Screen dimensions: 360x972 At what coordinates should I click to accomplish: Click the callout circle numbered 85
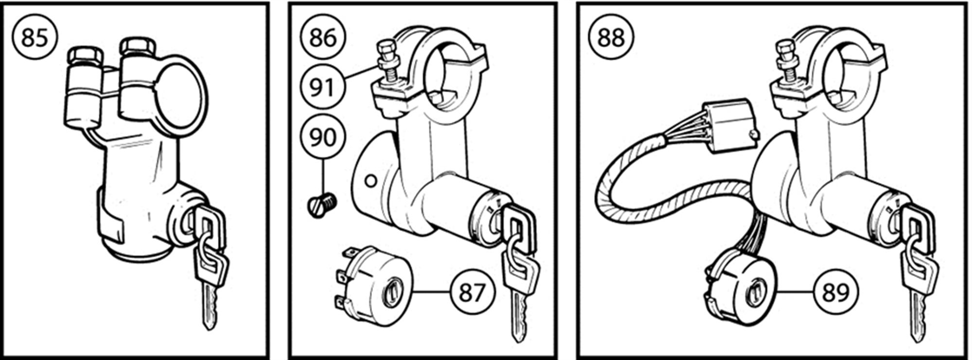point(35,37)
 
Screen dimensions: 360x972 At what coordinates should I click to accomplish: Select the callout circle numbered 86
point(323,37)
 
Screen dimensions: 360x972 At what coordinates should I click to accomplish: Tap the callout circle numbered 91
point(323,88)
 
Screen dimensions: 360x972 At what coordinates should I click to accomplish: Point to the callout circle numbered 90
point(323,138)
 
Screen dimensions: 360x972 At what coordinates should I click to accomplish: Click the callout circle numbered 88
point(611,37)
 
